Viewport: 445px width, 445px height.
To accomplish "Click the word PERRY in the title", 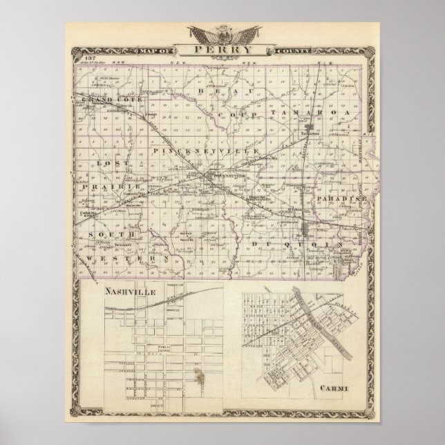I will [x=223, y=49].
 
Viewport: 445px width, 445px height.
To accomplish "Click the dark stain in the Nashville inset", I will [x=200, y=377].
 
